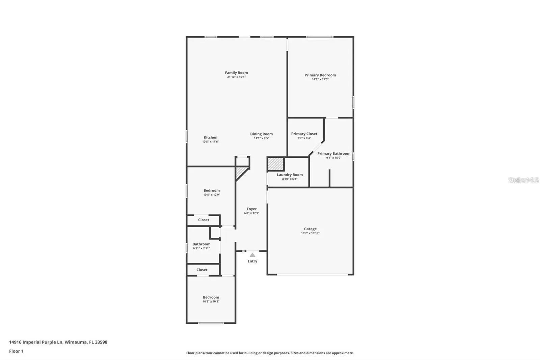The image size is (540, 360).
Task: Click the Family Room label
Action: (236, 73)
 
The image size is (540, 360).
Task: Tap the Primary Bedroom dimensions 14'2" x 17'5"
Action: (320, 79)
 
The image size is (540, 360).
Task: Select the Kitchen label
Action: (211, 137)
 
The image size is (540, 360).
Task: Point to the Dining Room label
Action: (261, 134)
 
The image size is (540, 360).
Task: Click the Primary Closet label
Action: (304, 134)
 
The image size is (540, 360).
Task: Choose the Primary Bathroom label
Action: (334, 153)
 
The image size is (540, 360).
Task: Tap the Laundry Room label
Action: (290, 175)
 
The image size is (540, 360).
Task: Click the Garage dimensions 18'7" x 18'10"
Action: (310, 233)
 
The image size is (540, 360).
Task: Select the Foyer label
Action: (252, 209)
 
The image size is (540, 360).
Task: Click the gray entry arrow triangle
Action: (252, 255)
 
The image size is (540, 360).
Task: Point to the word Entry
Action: (252, 261)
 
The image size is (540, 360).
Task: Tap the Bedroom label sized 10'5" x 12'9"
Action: (211, 190)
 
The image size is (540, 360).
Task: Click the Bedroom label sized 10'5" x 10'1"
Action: (211, 297)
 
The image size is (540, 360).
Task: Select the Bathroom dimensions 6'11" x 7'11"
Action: (201, 248)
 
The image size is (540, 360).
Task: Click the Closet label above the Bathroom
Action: (204, 220)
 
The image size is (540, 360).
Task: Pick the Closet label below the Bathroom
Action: (202, 270)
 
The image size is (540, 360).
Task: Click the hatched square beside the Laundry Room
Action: (276, 164)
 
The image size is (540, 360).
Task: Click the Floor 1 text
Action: (17, 351)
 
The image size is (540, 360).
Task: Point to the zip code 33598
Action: (101, 342)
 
